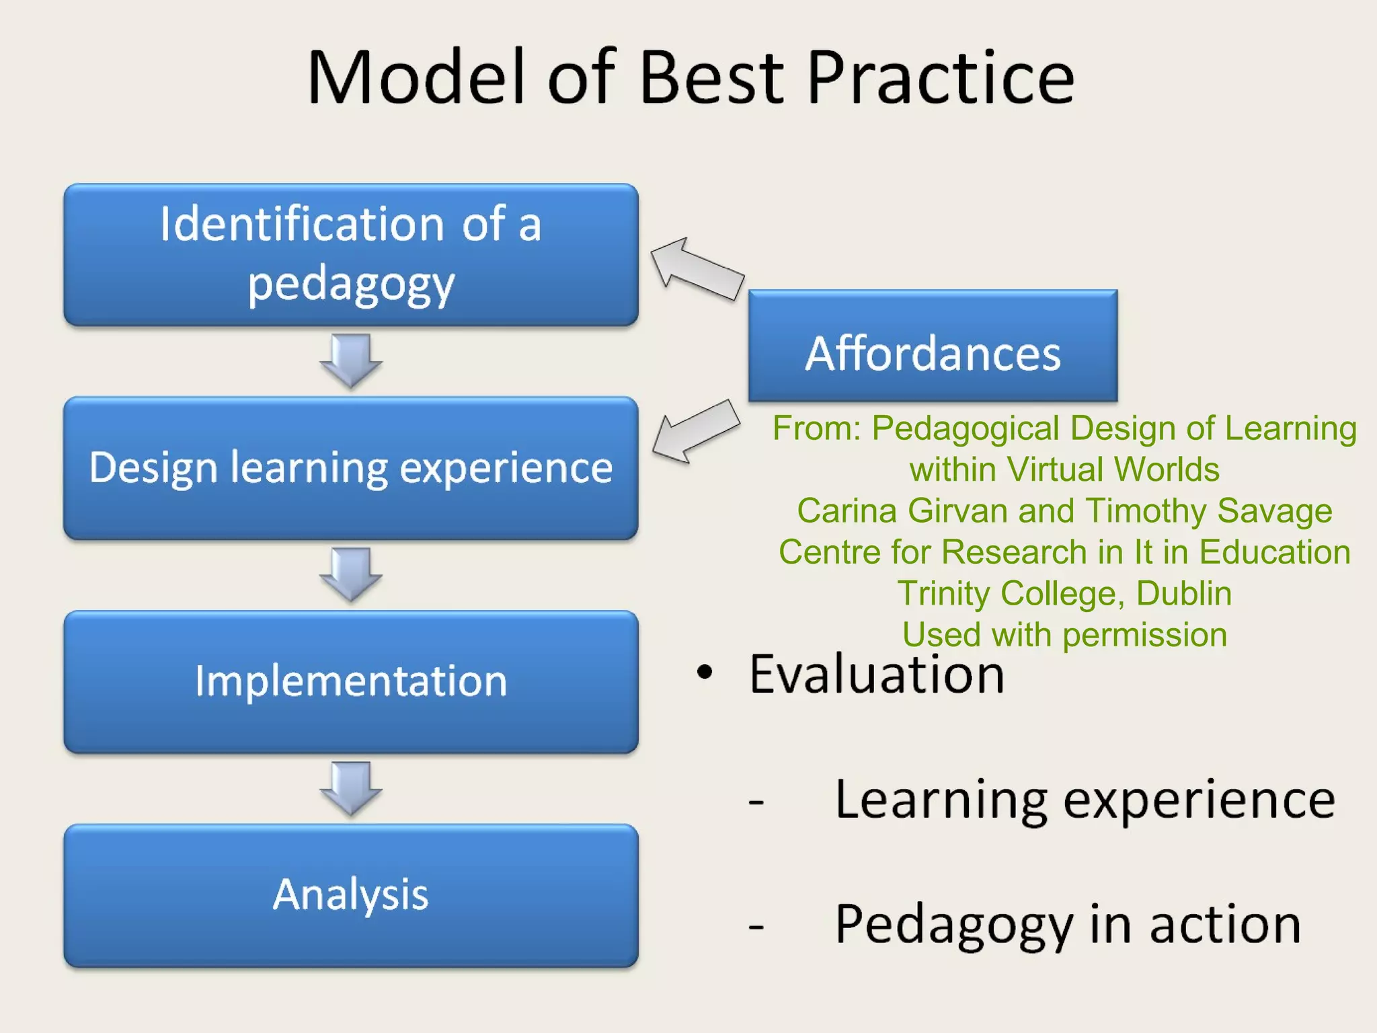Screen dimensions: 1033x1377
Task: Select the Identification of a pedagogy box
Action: coord(350,255)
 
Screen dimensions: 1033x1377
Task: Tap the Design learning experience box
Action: coord(350,468)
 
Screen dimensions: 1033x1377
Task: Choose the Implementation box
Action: coord(350,681)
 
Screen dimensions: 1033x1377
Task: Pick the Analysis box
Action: coord(350,895)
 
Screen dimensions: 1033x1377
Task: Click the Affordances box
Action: coord(933,346)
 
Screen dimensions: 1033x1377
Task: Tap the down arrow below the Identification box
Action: coord(351,360)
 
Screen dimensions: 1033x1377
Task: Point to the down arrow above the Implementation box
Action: coord(351,574)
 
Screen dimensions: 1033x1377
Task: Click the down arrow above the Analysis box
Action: coord(351,788)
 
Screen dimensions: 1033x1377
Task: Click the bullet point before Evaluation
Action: coord(704,672)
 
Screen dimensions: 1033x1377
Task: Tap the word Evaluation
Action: coord(876,674)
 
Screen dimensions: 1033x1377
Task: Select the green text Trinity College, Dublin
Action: coord(1064,594)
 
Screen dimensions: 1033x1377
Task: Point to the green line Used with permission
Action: coord(1064,635)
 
